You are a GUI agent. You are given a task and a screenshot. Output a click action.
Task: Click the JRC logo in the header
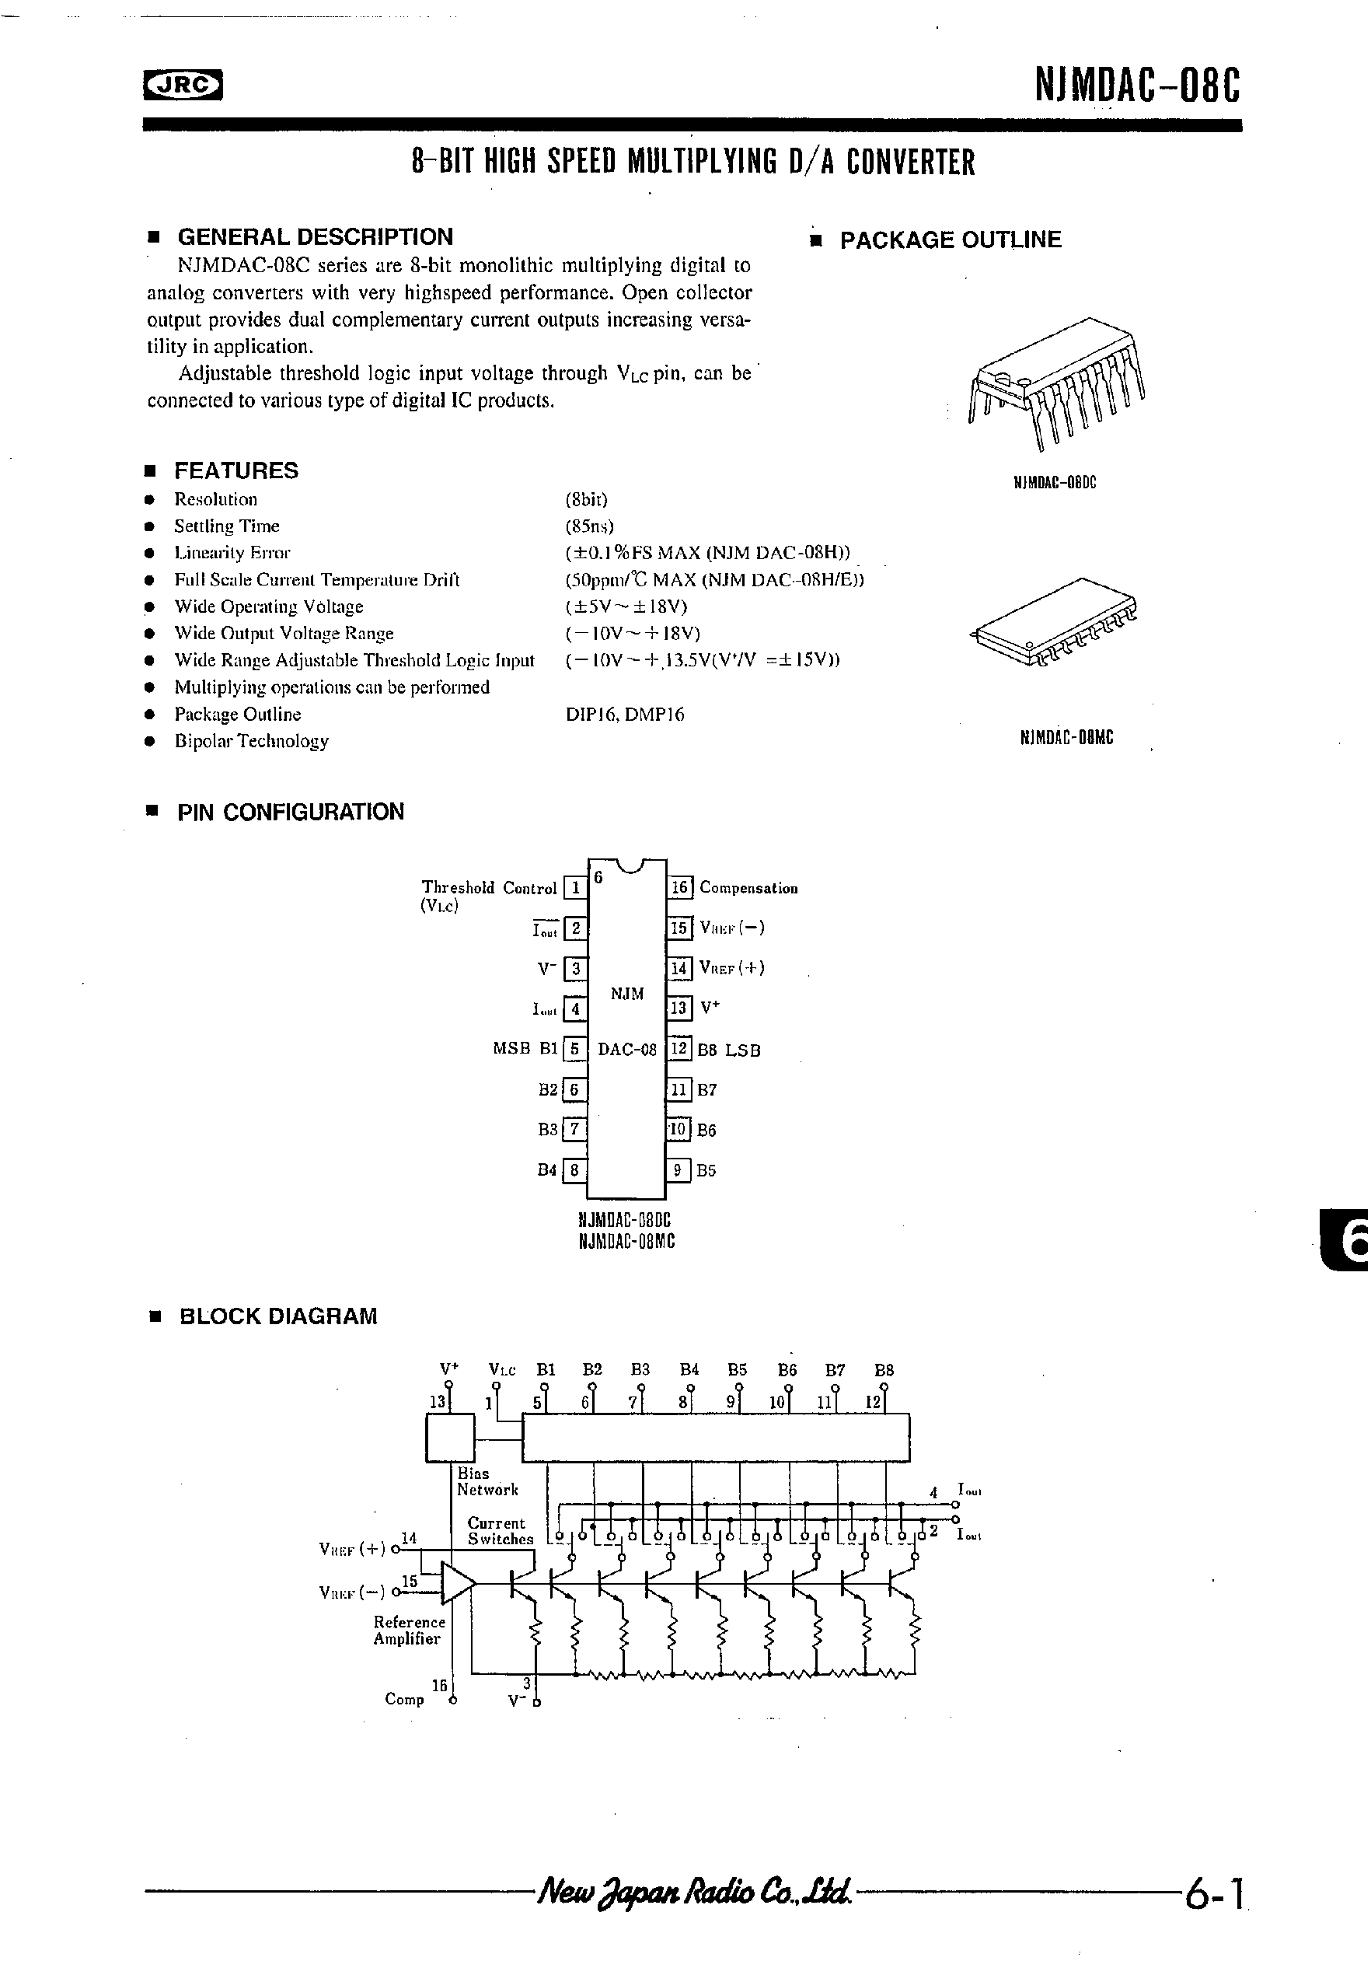[183, 85]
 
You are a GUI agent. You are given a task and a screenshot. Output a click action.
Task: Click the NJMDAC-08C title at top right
[1136, 86]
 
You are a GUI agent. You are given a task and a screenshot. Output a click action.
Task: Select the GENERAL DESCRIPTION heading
[315, 236]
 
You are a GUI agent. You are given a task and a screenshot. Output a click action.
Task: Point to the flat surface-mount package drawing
[1055, 623]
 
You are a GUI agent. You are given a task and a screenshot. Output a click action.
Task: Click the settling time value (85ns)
[590, 526]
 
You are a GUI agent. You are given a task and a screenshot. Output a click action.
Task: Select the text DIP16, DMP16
[625, 714]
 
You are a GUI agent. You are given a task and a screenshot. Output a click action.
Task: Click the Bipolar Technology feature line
[251, 742]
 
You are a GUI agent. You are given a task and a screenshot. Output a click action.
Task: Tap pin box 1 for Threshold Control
[575, 888]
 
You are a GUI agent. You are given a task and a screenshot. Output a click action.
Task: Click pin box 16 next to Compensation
[679, 888]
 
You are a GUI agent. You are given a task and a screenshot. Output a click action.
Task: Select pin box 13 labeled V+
[679, 1008]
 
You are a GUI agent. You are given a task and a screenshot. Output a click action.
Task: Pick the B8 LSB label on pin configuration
[729, 1050]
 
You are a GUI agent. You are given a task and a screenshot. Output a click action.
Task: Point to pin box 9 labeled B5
[679, 1170]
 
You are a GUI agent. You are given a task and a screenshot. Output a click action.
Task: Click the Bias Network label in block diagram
[487, 1482]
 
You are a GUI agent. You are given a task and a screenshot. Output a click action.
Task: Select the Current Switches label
[500, 1531]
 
